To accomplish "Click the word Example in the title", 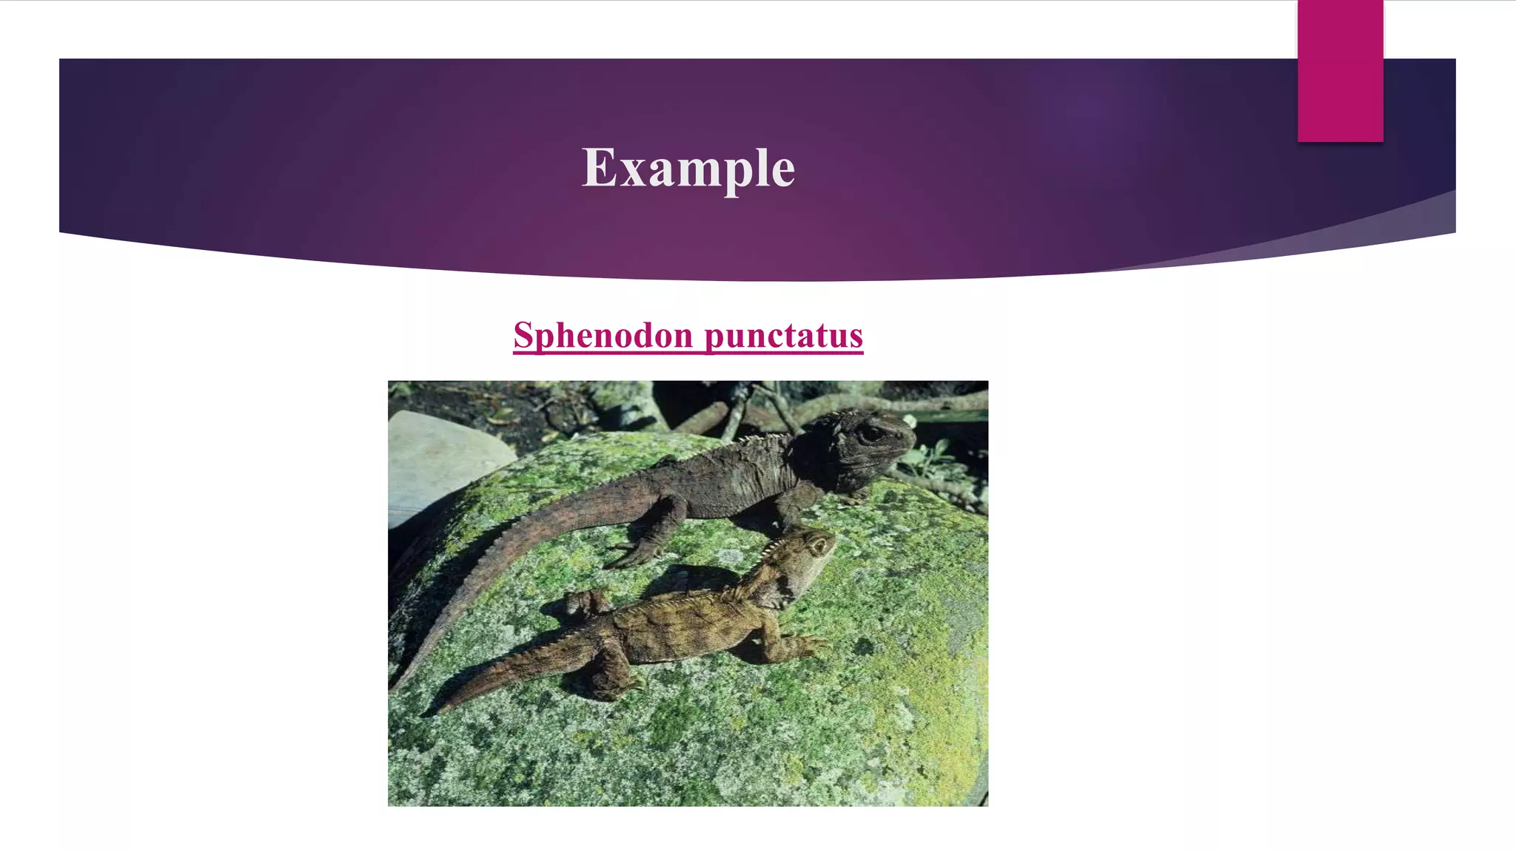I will pyautogui.click(x=688, y=168).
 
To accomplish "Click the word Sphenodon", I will pyautogui.click(x=603, y=336).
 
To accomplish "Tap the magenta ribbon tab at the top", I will pyautogui.click(x=1340, y=71).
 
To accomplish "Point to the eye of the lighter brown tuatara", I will pyautogui.click(x=818, y=547).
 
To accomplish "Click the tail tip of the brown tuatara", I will pyautogui.click(x=429, y=713).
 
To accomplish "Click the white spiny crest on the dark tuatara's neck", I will pyautogui.click(x=762, y=440).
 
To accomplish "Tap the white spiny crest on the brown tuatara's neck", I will pyautogui.click(x=770, y=551).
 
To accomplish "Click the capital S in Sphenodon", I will pyautogui.click(x=523, y=336).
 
